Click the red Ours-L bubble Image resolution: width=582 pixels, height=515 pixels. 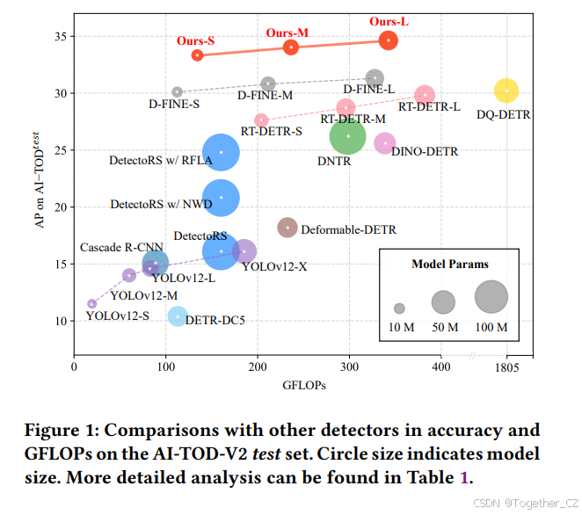click(389, 40)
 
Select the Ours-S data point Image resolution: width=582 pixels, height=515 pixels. click(198, 55)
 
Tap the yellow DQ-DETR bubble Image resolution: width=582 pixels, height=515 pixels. click(506, 91)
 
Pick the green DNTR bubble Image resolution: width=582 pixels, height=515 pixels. click(348, 136)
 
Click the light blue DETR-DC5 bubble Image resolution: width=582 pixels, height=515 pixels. click(178, 316)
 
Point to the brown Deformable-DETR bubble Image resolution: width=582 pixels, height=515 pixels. click(287, 228)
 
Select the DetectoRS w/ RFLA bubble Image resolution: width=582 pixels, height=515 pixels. click(221, 152)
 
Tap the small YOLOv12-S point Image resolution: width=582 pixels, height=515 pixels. click(92, 304)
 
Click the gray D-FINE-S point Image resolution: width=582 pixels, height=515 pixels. click(178, 91)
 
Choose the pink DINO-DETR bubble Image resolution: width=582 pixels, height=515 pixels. click(385, 143)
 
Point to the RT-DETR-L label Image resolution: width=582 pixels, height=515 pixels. click(429, 107)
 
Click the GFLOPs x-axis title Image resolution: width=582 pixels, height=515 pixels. click(305, 385)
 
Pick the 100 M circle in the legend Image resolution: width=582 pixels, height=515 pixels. click(491, 297)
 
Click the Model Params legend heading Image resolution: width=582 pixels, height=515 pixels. click(449, 264)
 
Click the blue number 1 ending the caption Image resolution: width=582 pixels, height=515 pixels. click(465, 478)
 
